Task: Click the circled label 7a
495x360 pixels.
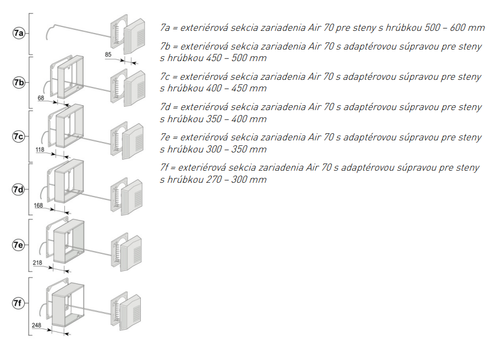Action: pos(19,34)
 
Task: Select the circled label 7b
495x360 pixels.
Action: pos(19,83)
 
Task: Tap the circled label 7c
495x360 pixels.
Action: pos(19,136)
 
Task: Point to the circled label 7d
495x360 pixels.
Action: pos(19,189)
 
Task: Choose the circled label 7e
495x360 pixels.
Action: pos(19,245)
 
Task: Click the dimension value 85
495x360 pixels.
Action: pos(108,54)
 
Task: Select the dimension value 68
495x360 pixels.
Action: pos(41,99)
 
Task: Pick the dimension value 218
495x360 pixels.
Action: pos(37,263)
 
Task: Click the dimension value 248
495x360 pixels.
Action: pos(37,325)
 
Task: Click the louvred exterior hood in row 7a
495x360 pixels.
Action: pos(135,37)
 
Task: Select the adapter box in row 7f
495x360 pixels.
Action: pos(67,306)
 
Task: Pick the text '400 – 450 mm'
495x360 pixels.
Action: pos(239,88)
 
